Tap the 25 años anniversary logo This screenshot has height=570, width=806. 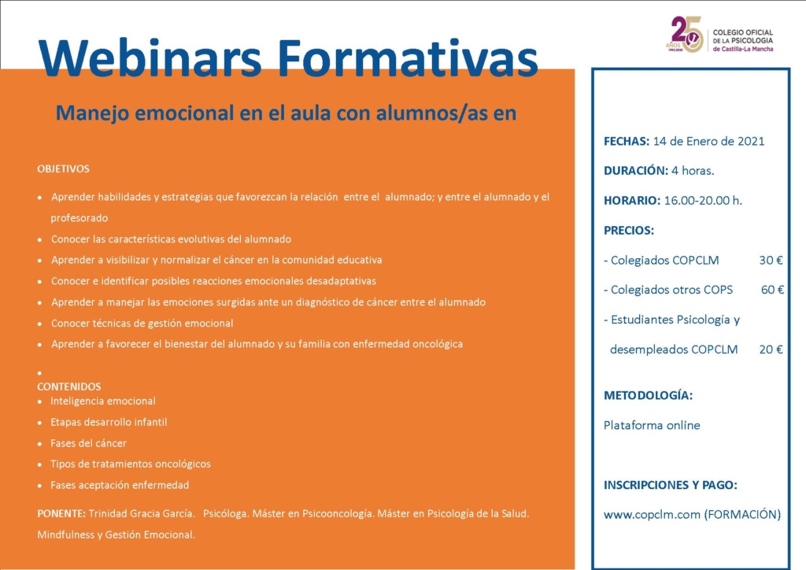click(686, 34)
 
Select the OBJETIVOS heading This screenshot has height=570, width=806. click(63, 169)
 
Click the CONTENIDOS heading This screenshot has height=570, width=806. click(69, 387)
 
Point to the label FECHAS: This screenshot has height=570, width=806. click(627, 142)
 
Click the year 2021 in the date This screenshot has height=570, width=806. click(751, 142)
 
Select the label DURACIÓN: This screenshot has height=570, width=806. click(636, 171)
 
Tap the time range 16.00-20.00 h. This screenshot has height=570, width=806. click(703, 201)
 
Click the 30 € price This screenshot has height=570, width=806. click(771, 260)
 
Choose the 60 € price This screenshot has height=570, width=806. click(772, 290)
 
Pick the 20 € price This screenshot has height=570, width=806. click(771, 350)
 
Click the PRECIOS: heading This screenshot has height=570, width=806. click(629, 230)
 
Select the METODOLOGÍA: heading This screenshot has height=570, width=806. click(649, 395)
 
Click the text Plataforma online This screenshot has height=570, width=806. click(652, 425)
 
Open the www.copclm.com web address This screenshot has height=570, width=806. click(652, 514)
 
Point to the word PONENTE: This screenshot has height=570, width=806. click(61, 513)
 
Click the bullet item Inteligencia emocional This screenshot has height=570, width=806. click(103, 401)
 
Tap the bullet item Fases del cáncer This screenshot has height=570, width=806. click(88, 443)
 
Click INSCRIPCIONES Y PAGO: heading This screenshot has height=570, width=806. click(671, 485)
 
